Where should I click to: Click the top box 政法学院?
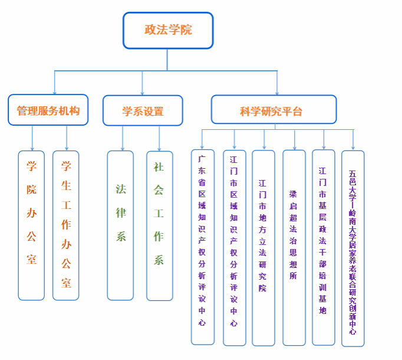coord(168,30)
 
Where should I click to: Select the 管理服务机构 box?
coord(48,110)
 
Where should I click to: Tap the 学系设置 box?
coord(143,111)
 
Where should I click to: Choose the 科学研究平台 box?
coord(274,110)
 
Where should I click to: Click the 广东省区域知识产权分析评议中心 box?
coord(202,247)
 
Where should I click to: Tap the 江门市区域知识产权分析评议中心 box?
coord(234,247)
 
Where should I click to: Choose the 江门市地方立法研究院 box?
coord(263,247)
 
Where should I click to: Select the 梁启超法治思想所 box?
coord(294,247)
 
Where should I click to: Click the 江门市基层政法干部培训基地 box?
coord(323,247)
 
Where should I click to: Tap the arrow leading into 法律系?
coord(123,142)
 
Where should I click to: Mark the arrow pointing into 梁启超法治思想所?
coord(294,142)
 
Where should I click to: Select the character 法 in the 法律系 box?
coord(121,189)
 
